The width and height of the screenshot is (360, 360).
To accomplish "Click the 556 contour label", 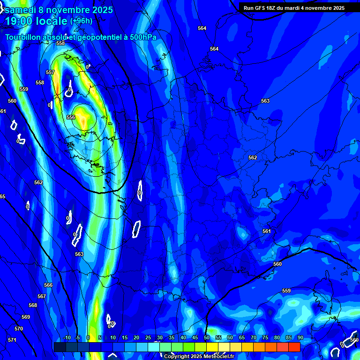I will tap(71, 117).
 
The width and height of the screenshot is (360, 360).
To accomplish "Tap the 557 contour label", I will tap(50, 72).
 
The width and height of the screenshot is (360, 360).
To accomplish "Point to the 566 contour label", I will tap(48, 285).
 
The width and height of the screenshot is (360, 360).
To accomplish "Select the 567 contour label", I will tap(42, 296).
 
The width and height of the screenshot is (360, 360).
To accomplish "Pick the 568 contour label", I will tap(32, 305).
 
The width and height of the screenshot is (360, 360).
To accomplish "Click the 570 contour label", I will tap(19, 329).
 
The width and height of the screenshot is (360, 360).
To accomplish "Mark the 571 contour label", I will tap(12, 340).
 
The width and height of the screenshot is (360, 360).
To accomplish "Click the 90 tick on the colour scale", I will tap(300, 338).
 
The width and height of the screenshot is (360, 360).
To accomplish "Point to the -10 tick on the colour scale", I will tap(67, 338).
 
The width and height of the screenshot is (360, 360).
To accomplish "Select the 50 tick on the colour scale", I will tap(206, 338).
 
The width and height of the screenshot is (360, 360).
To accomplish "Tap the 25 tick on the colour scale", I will tap(148, 338).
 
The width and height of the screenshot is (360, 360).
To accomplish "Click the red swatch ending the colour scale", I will tap(294, 347).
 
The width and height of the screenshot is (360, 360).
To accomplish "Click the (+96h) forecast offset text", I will tap(81, 21).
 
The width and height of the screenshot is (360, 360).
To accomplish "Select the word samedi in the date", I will tap(21, 9).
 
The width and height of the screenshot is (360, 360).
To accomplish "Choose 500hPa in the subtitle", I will tap(140, 37).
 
